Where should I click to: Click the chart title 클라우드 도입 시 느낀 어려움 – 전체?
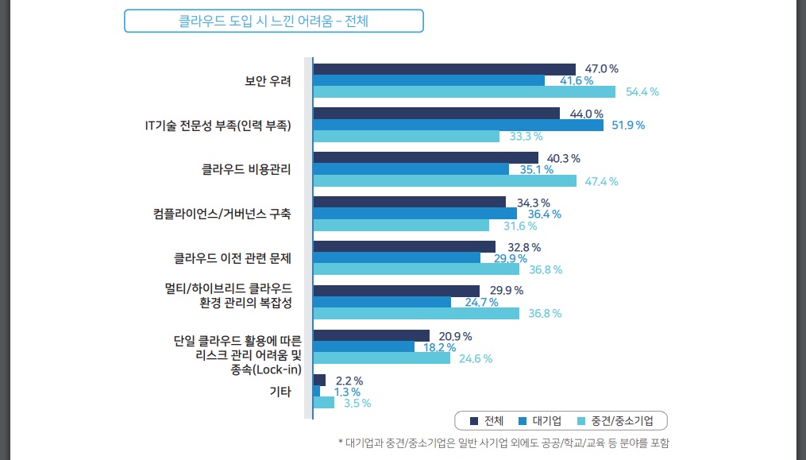pos(273,21)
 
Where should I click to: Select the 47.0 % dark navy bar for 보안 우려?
pos(444,69)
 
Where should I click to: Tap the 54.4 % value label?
pos(642,92)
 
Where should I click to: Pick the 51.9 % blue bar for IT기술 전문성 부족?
pos(458,125)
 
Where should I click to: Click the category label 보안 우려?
pos(268,81)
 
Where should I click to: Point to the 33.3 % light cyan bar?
pos(407,137)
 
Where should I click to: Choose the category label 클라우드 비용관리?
pos(246,169)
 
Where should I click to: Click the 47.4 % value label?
pos(601,181)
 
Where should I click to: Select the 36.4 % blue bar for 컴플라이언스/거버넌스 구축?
pos(415,214)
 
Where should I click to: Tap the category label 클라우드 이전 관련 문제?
pos(233,258)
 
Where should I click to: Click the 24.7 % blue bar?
pos(382,302)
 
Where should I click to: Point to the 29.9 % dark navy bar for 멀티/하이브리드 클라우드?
pos(396,290)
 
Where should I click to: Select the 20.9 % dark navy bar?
pos(371,335)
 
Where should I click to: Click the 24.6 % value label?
pos(476,358)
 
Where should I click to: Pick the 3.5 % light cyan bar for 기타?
pos(324,403)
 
